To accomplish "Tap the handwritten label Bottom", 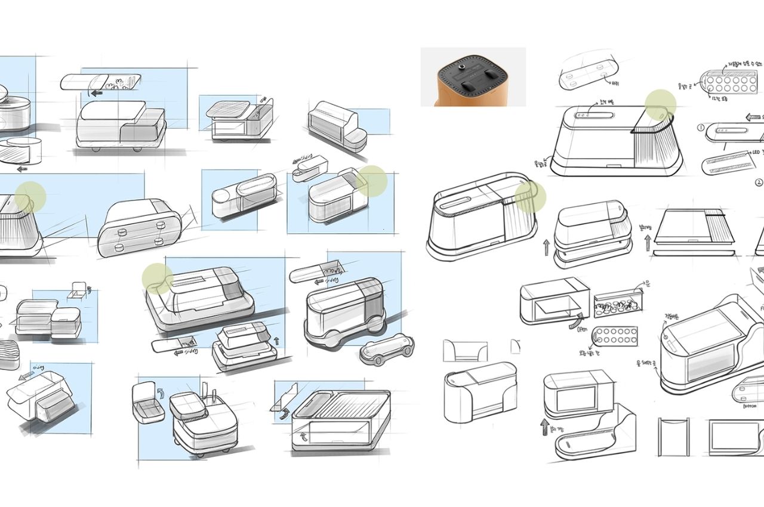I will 750,406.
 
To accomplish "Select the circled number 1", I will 700,126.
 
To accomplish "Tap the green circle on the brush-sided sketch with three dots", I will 661,104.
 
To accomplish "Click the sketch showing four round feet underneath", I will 140,228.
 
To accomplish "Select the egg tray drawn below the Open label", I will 617,341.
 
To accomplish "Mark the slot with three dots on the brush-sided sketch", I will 593,115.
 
